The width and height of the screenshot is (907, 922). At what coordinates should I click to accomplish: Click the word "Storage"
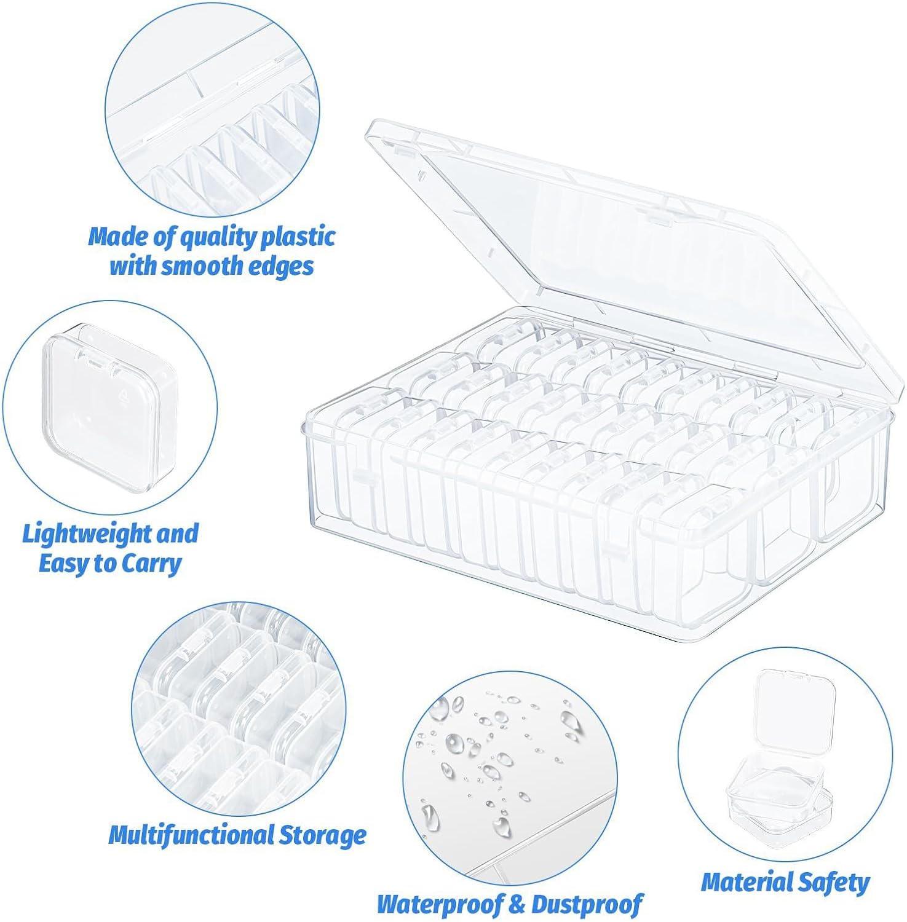coord(323,835)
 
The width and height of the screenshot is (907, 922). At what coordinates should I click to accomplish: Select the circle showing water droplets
coord(510,778)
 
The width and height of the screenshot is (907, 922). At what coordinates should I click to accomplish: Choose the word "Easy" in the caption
coord(64,564)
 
